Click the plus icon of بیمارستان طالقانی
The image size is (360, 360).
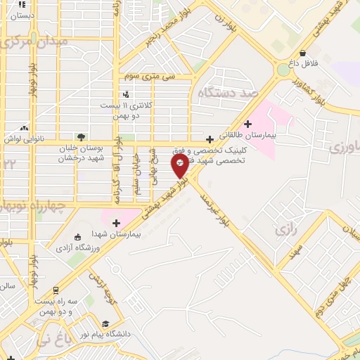[247, 123]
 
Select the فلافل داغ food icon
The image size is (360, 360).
[302, 53]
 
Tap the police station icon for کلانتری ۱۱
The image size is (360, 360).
[126, 94]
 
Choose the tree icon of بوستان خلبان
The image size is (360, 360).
[82, 137]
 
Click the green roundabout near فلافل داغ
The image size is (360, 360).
[283, 70]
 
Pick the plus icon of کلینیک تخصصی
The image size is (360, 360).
[210, 139]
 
